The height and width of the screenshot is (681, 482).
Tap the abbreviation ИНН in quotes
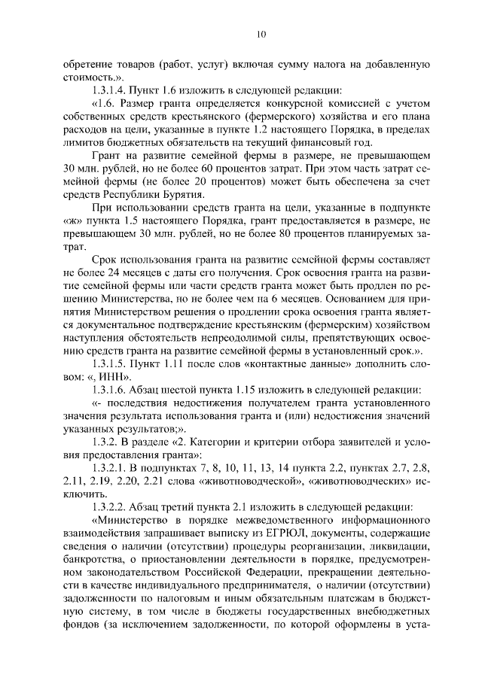pos(117,377)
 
